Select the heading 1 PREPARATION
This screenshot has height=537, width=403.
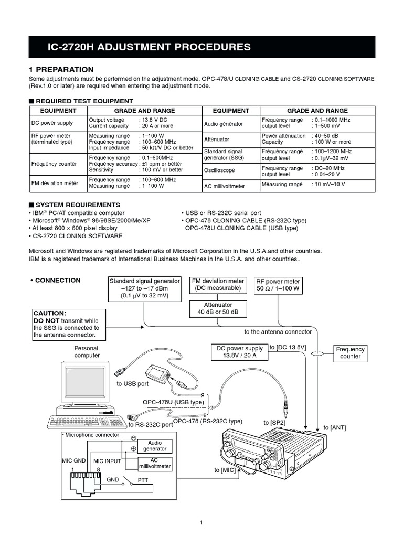pyautogui.click(x=61, y=70)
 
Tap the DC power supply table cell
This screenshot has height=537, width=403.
pyautogui.click(x=52, y=123)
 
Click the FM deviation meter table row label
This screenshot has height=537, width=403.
pyautogui.click(x=54, y=183)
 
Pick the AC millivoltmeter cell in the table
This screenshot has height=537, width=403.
pyautogui.click(x=224, y=186)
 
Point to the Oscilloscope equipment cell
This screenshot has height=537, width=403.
pyautogui.click(x=219, y=171)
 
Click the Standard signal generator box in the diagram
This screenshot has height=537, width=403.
pyautogui.click(x=144, y=289)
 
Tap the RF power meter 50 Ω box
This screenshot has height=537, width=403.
pyautogui.click(x=278, y=285)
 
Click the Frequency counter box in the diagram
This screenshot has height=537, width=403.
pyautogui.click(x=350, y=353)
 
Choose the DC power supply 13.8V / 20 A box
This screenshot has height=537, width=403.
pyautogui.click(x=240, y=352)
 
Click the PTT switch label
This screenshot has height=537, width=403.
pyautogui.click(x=143, y=479)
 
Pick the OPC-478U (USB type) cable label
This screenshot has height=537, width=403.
pyautogui.click(x=173, y=402)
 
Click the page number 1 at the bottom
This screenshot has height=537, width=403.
pyautogui.click(x=201, y=522)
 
